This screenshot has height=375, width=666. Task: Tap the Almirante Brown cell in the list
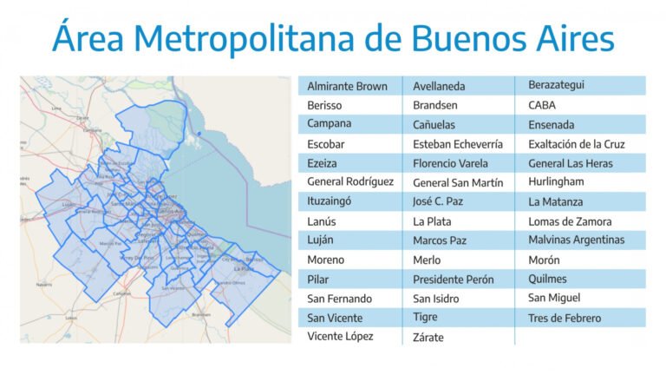(x=347, y=86)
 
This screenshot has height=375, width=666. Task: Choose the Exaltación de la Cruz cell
(x=576, y=144)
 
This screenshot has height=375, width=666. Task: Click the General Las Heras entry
(x=570, y=163)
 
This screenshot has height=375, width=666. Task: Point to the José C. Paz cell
(x=441, y=201)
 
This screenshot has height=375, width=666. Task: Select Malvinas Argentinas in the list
(x=576, y=240)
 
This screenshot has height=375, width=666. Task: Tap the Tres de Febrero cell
(x=564, y=318)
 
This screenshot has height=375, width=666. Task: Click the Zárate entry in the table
(x=430, y=337)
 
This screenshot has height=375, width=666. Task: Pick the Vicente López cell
(x=340, y=336)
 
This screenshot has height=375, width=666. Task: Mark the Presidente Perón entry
(x=453, y=280)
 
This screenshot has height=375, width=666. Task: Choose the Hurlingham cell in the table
(x=556, y=181)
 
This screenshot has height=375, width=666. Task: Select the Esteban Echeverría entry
(x=457, y=143)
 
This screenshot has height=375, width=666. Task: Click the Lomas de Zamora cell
(x=569, y=221)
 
